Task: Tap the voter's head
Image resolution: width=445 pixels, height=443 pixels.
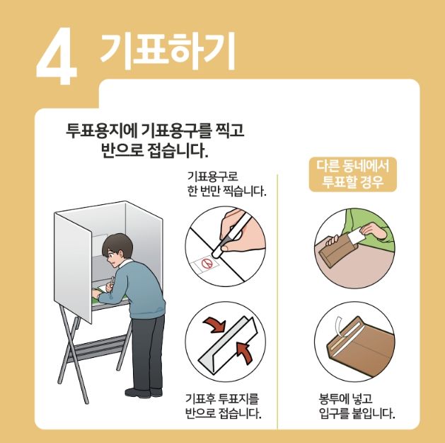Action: [x=115, y=249]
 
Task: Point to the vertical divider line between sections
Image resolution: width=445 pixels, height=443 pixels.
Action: [x=278, y=298]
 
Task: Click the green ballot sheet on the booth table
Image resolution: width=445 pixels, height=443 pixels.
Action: [x=92, y=298]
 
